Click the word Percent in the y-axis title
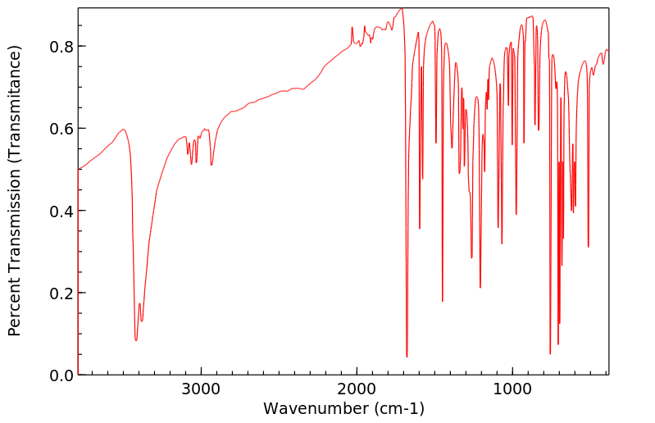(15, 307)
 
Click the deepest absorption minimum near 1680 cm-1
(407, 357)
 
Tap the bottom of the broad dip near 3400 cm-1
(136, 339)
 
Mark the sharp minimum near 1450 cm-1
(443, 301)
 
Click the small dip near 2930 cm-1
(212, 165)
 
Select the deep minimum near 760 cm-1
(550, 353)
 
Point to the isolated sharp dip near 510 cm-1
(589, 247)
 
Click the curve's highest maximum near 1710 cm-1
(402, 9)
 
